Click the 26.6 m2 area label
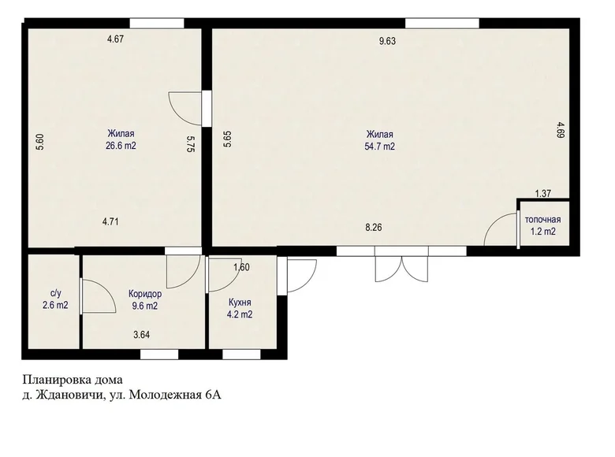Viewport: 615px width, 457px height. pos(121,146)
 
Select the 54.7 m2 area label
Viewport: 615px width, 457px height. pos(380,147)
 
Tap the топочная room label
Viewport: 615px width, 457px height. pos(542,220)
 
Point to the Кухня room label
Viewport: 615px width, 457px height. pos(240,303)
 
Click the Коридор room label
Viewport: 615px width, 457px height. pos(145,294)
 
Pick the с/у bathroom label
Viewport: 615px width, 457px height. pos(56,293)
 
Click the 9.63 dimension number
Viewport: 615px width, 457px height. pos(387,41)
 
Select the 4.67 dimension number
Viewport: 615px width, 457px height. pos(116,39)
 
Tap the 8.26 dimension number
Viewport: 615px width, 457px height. pos(374,228)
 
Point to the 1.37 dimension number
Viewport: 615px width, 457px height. pos(543,193)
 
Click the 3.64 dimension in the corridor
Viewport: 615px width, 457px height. pos(142,335)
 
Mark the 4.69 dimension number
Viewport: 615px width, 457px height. pos(561,130)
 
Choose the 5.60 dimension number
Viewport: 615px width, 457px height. pos(39,142)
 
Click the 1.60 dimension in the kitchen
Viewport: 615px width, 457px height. pos(241,268)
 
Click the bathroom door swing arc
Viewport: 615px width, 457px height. pos(106,289)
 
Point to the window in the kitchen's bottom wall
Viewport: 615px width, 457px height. pos(241,355)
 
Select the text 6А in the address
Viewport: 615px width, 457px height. pos(214,395)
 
